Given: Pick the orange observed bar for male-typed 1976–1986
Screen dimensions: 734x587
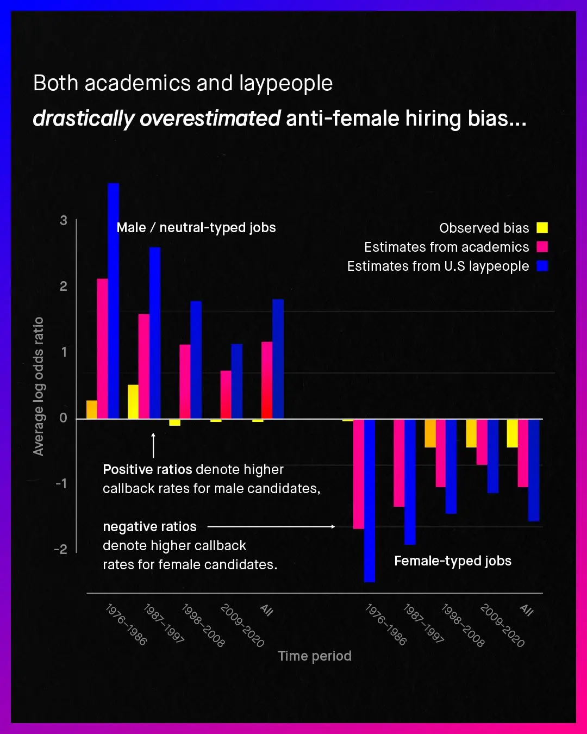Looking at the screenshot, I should tap(92, 409).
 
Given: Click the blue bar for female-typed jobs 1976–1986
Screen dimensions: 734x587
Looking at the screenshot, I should tap(370, 500).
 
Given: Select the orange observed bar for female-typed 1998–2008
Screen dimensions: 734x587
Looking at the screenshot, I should tap(430, 433).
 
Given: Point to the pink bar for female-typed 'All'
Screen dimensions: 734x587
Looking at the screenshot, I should tap(523, 453).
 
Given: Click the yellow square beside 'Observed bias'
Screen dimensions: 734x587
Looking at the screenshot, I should tap(542, 228).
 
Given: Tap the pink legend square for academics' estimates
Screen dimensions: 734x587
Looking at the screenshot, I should tap(542, 247).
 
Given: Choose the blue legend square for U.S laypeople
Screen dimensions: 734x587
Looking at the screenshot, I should tap(542, 266).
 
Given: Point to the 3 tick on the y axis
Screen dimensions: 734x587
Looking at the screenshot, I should tap(64, 220).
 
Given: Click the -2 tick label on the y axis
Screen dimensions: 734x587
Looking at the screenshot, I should tap(61, 549).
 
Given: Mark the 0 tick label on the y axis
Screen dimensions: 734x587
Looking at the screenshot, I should tap(64, 418).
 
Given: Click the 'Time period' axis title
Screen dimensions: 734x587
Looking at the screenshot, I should tap(315, 656).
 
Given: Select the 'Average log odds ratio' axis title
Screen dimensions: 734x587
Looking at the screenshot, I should tap(38, 386).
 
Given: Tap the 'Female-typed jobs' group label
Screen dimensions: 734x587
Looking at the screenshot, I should tap(453, 561).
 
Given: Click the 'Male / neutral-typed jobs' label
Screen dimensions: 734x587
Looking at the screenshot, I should tap(196, 227).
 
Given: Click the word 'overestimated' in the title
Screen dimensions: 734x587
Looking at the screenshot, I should tap(210, 118).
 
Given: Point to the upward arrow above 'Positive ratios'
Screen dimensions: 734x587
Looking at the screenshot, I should tap(153, 445).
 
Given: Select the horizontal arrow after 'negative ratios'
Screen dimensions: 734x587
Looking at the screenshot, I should tap(271, 526).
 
